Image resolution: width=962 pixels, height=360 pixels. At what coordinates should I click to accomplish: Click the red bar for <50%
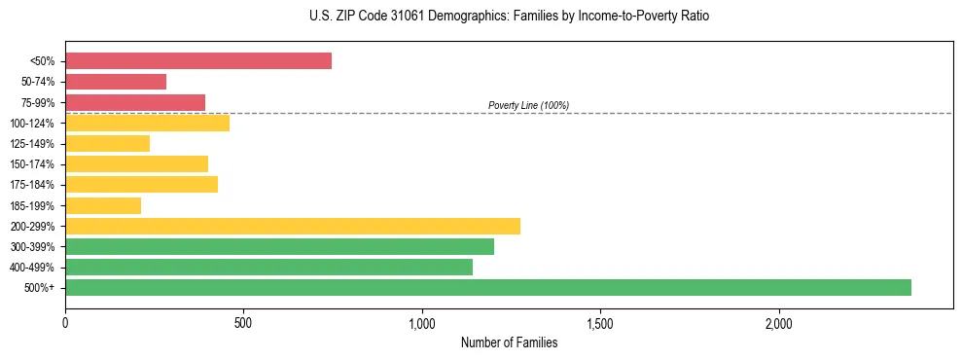[198, 61]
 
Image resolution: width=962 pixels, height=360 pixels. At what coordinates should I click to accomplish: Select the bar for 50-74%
[116, 82]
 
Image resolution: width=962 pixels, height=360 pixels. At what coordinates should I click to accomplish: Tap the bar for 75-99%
[135, 102]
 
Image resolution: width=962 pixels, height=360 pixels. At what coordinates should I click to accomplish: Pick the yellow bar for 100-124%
[147, 123]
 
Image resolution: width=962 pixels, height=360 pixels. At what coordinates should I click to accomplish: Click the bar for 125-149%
[107, 144]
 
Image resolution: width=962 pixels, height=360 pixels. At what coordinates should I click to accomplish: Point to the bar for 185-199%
[103, 205]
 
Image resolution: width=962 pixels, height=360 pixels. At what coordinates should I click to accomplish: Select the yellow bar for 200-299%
[293, 226]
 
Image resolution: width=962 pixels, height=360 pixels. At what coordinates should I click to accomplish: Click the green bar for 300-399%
[279, 247]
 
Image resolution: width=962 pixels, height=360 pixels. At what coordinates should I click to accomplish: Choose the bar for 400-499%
[268, 267]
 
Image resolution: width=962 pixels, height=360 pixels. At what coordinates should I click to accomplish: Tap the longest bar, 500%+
[488, 287]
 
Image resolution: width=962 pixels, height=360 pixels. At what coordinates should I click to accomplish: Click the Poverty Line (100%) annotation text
[528, 105]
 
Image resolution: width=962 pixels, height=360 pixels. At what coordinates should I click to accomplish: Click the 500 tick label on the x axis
[243, 322]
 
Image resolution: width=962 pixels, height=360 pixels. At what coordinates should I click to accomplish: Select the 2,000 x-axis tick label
[779, 322]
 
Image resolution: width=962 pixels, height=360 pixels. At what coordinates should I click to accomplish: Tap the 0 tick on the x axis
[65, 322]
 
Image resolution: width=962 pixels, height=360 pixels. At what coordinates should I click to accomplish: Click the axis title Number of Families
[509, 342]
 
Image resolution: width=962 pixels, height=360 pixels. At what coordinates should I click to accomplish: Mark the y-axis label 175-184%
[32, 185]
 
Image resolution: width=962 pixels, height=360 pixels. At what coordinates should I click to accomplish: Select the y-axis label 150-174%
[32, 164]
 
